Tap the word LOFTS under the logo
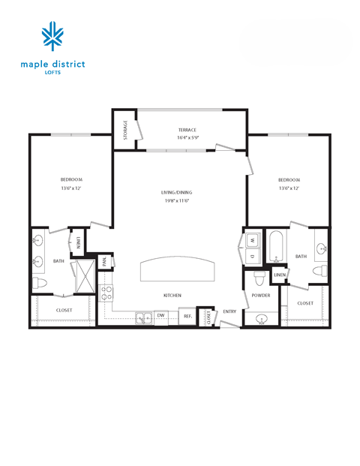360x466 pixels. click(x=53, y=73)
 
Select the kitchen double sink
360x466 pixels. click(x=144, y=317)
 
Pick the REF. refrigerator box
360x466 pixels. click(x=188, y=316)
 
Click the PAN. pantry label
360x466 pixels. click(x=106, y=261)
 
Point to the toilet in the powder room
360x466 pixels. click(x=259, y=278)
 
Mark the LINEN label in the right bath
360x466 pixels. click(x=279, y=275)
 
